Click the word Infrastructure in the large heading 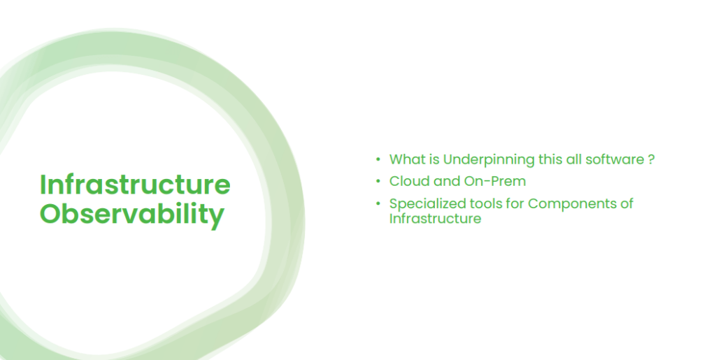coord(135,185)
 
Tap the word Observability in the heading coord(132,215)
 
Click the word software coord(613,159)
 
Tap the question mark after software coord(650,159)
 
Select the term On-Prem coord(496,181)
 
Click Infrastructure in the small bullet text coord(435,219)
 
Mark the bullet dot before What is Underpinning coord(378,160)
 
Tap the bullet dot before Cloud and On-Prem coord(378,182)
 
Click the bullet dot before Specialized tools coord(378,204)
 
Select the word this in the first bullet coord(550,159)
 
